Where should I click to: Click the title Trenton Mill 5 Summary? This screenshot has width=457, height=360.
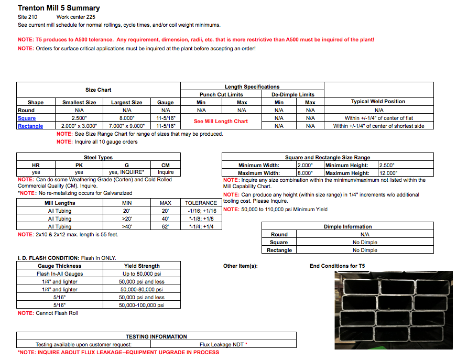click(59, 8)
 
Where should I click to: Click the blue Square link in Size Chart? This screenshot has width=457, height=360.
click(27, 118)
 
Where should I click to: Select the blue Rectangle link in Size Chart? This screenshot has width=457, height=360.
click(30, 126)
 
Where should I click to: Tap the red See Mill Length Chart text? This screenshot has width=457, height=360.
click(221, 122)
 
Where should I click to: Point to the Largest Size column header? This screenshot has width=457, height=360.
click(126, 103)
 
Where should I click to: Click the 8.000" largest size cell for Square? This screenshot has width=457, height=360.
click(126, 118)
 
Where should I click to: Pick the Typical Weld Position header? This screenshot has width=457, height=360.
click(378, 102)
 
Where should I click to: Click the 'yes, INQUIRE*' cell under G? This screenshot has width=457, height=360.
click(126, 172)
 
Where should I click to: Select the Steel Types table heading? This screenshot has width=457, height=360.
click(98, 157)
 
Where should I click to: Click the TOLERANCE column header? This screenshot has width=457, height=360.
click(201, 203)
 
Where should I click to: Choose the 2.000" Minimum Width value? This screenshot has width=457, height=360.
click(307, 165)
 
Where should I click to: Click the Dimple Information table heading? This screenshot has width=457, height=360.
click(347, 227)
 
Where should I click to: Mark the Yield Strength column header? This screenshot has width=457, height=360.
click(142, 266)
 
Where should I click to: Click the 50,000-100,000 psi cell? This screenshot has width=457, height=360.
click(142, 305)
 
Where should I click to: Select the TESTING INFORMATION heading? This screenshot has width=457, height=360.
click(156, 336)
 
